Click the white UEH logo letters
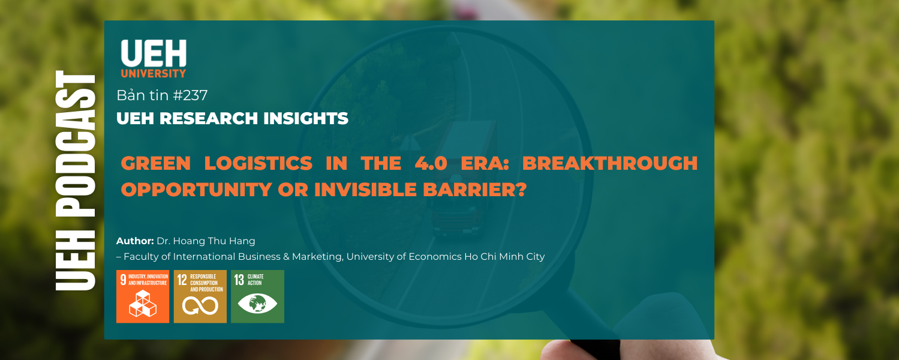(154, 53)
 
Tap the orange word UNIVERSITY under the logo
(154, 73)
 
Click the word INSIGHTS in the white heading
(306, 118)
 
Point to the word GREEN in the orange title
(156, 163)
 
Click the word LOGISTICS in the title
(258, 163)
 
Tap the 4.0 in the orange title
(431, 163)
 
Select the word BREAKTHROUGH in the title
(610, 163)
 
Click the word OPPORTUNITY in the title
(197, 190)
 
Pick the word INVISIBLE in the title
(366, 190)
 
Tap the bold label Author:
(136, 241)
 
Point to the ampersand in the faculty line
(286, 256)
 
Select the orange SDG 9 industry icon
(143, 296)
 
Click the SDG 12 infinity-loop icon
(200, 296)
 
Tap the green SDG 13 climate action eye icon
(258, 296)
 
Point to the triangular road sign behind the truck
(408, 143)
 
